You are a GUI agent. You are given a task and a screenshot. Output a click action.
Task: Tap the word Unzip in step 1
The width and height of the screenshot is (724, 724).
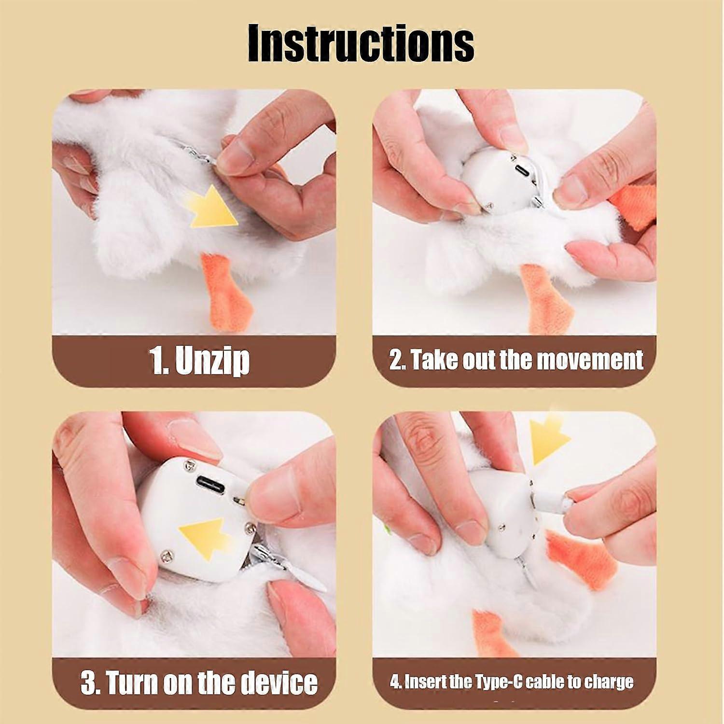click(212, 361)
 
